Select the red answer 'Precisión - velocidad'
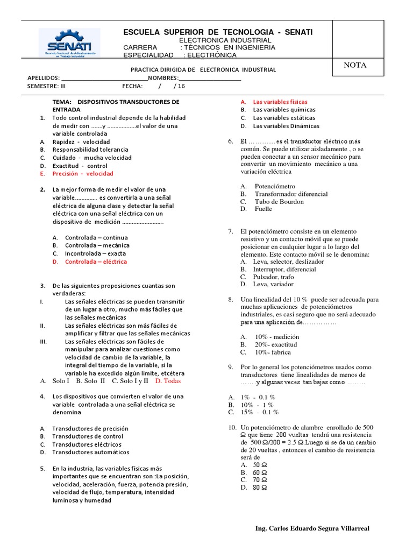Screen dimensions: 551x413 point(83,174)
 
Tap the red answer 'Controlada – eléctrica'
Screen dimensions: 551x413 point(96,262)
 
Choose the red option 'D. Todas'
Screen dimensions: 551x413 point(168,380)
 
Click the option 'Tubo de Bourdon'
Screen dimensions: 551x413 point(279,201)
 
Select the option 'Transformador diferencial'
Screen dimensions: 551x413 point(291,194)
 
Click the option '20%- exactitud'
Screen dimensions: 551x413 point(276,344)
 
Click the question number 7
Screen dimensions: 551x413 point(230,231)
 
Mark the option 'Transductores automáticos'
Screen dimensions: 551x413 point(91,452)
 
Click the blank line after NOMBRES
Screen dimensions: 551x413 point(210,78)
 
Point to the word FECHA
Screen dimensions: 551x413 point(132,86)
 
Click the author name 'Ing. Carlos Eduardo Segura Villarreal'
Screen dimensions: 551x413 point(312,528)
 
